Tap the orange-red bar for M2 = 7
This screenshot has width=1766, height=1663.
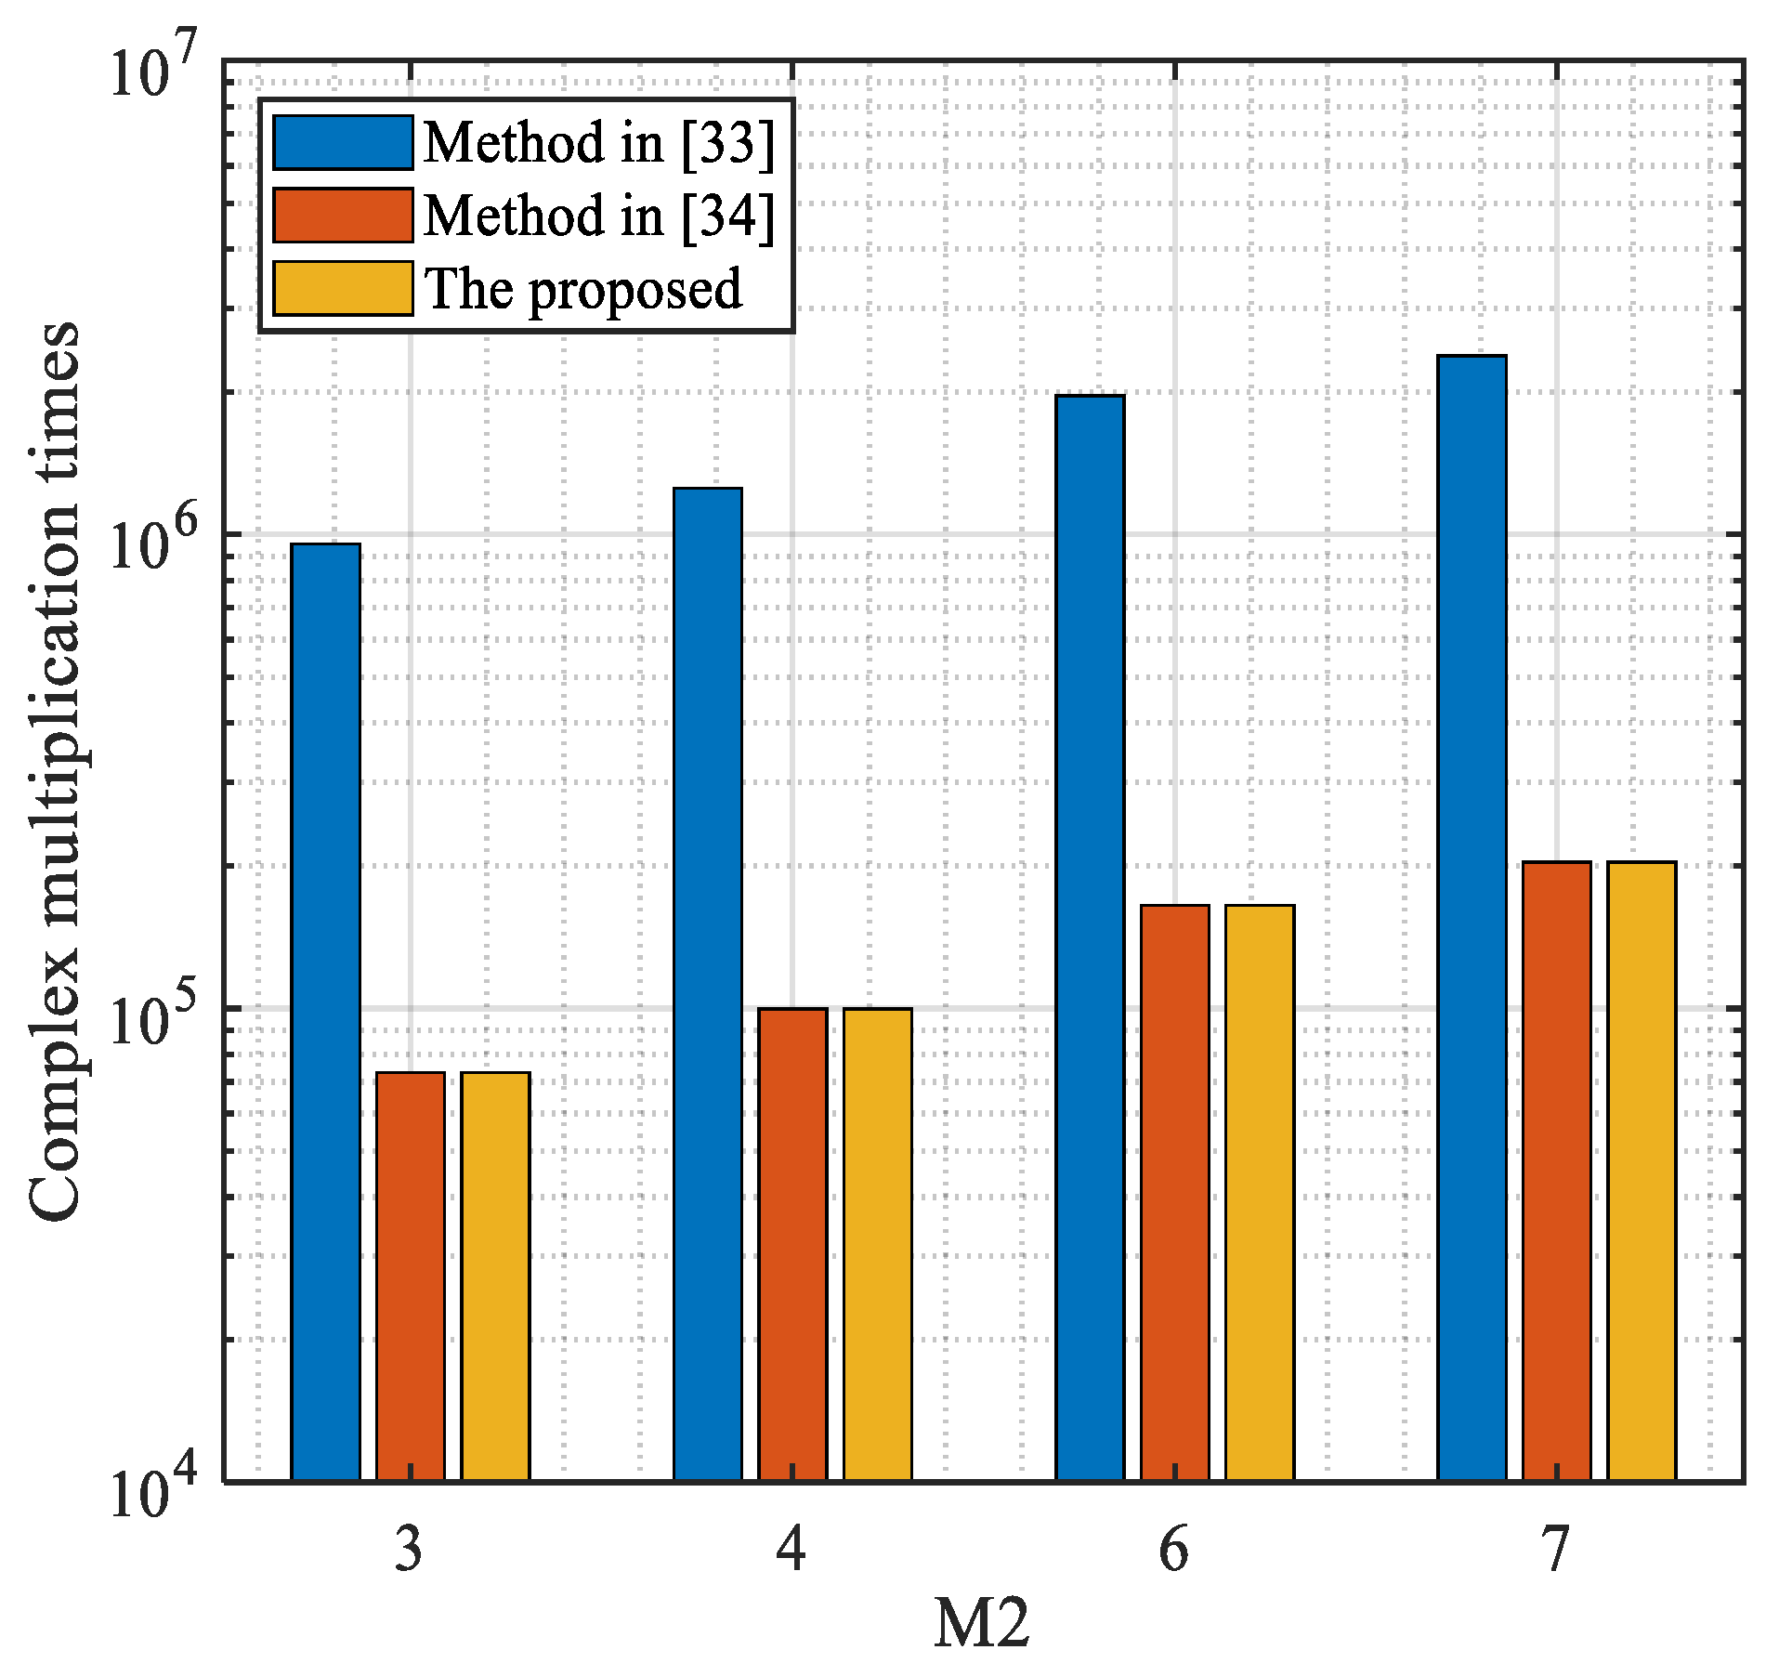coord(1557,1171)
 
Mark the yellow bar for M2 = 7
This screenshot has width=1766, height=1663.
coord(1642,1171)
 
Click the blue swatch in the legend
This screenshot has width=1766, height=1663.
coord(343,143)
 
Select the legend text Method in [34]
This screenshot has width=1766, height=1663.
coord(598,216)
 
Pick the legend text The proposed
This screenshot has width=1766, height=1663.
coord(582,289)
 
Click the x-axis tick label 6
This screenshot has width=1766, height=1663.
coord(1173,1550)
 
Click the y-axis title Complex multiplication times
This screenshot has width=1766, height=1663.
coord(53,771)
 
